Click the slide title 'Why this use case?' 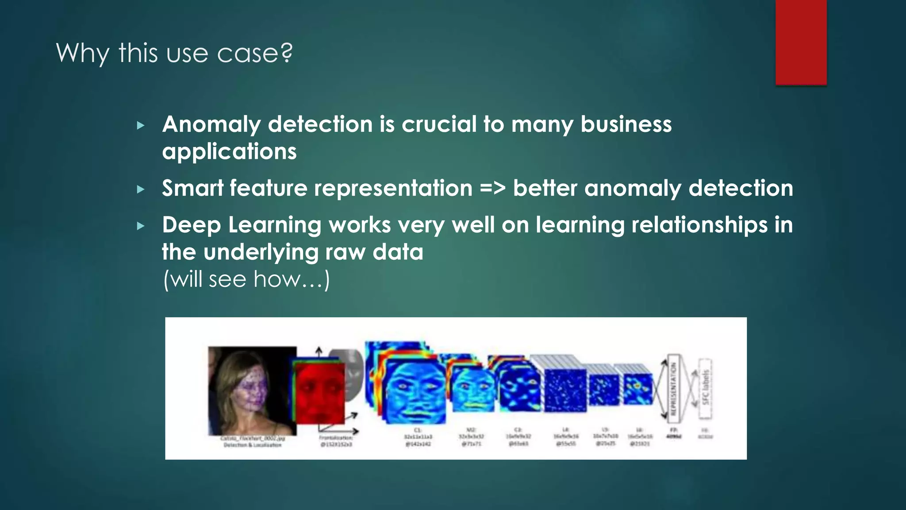click(174, 53)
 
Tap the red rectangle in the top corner click(801, 42)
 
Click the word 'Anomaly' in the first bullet click(211, 124)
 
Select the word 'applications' click(229, 152)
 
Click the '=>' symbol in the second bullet click(492, 189)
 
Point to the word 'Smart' click(192, 188)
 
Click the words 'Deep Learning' click(242, 225)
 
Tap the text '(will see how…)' click(246, 279)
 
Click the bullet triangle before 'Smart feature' click(141, 190)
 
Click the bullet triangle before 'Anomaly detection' click(141, 126)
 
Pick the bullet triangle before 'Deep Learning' click(141, 226)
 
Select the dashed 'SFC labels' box click(706, 388)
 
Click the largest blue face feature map click(414, 390)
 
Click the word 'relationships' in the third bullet click(699, 225)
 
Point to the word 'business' click(626, 124)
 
